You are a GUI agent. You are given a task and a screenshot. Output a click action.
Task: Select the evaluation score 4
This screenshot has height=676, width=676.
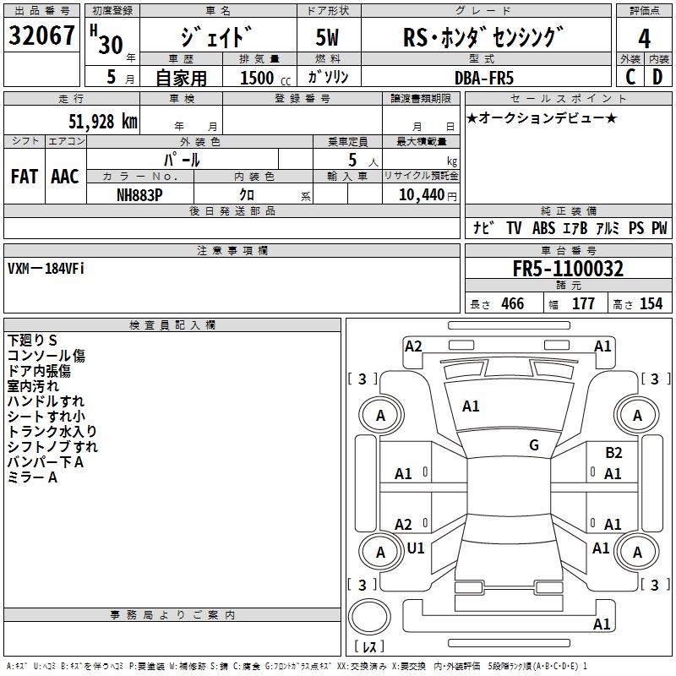644,39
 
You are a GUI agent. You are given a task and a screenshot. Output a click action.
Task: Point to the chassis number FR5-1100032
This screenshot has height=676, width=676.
568,269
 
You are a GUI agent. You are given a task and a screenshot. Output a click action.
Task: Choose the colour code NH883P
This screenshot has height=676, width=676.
140,194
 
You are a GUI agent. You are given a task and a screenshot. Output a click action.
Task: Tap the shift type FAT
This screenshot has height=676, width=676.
24,176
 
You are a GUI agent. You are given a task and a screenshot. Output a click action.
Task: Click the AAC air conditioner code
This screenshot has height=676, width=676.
64,176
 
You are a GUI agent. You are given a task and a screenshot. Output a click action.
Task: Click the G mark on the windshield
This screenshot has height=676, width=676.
534,445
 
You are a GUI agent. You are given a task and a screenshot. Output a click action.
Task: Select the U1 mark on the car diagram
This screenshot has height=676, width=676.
416,548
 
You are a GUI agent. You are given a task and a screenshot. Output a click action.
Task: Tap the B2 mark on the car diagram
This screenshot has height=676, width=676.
613,453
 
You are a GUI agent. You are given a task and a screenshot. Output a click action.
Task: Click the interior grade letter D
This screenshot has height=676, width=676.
657,77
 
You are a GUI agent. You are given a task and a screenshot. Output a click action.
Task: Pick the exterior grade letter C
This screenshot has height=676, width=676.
630,77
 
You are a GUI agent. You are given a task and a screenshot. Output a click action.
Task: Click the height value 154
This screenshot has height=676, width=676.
651,304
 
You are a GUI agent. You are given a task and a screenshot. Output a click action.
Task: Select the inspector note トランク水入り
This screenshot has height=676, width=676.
52,431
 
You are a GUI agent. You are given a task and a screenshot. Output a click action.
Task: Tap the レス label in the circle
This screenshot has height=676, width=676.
369,647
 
